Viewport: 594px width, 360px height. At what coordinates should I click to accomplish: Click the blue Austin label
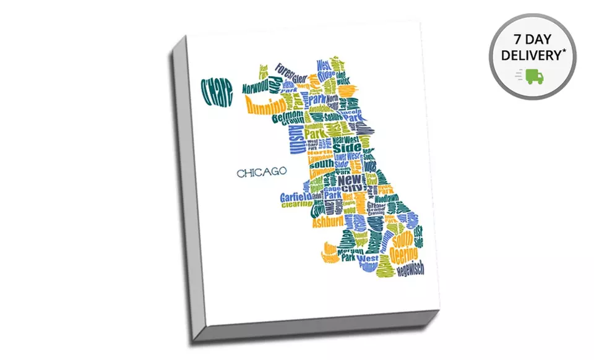click(x=295, y=139)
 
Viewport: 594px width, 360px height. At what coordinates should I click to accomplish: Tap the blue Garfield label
click(x=295, y=197)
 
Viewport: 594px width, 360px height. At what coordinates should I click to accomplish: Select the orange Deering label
click(x=403, y=254)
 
